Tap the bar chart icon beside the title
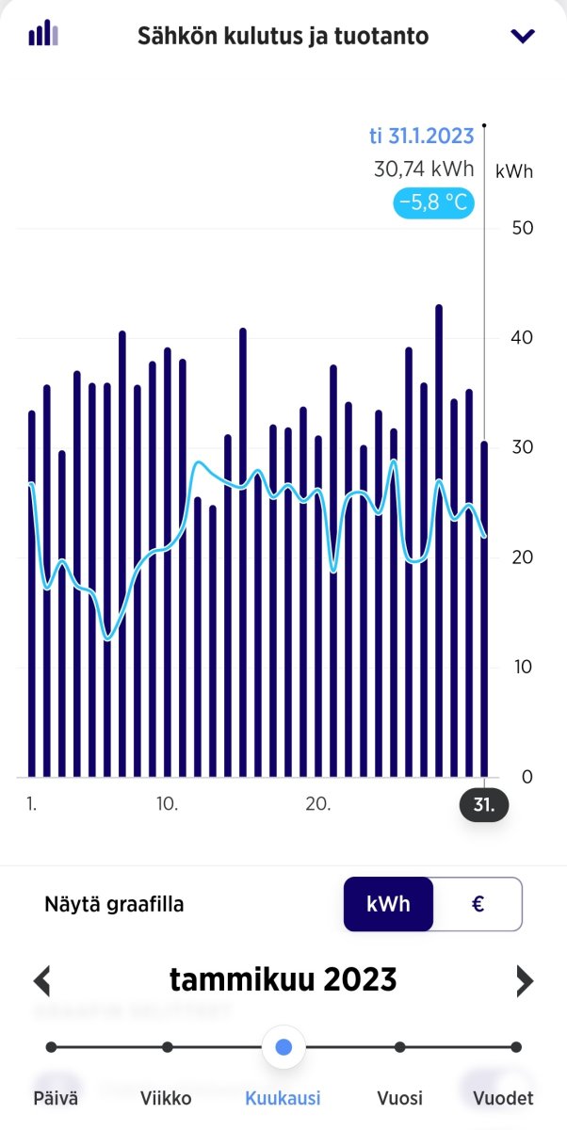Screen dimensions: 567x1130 (43, 33)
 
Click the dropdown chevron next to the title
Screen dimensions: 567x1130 (523, 36)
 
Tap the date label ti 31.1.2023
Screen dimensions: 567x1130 (421, 136)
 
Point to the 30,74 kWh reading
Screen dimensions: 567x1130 (424, 169)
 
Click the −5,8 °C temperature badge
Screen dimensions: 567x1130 (433, 202)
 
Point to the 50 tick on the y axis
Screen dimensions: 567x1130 (522, 228)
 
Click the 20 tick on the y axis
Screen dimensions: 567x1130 (522, 557)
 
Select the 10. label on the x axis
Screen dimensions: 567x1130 (167, 803)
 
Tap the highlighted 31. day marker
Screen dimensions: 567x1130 (484, 804)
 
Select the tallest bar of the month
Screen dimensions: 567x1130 (439, 541)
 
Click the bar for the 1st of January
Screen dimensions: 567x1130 (32, 594)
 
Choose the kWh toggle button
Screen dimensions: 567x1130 (388, 904)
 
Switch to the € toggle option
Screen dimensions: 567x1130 (478, 904)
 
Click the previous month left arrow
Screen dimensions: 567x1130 (41, 981)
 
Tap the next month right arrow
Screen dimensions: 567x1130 (525, 981)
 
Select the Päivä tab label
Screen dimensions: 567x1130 (56, 1099)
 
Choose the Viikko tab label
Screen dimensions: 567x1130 (166, 1099)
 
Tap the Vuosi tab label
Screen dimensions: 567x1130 (399, 1099)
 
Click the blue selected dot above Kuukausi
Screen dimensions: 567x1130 (284, 1047)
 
